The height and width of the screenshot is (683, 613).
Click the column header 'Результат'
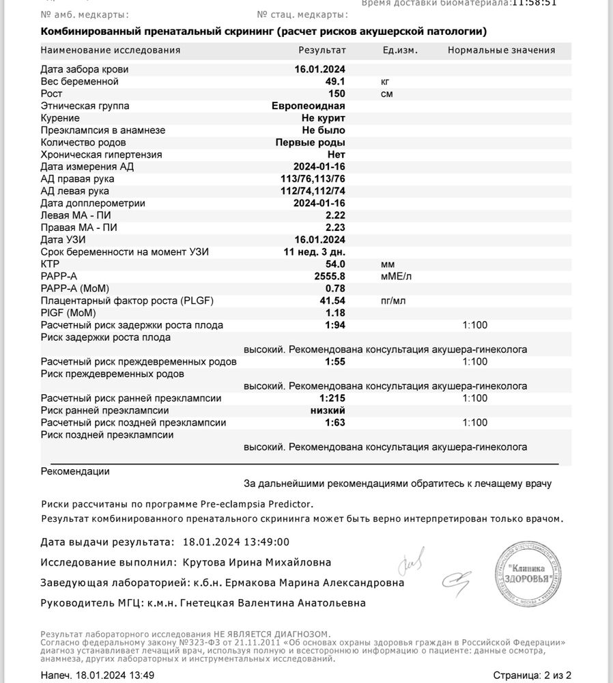click(322, 50)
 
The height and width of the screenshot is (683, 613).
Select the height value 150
click(337, 94)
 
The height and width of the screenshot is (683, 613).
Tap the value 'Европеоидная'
click(308, 106)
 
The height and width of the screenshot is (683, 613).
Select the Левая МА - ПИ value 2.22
click(335, 215)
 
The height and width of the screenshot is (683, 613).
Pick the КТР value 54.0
click(334, 264)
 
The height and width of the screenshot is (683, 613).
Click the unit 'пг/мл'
click(393, 301)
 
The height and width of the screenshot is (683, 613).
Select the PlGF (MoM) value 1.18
click(335, 312)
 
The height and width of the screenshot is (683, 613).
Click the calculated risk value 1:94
click(334, 325)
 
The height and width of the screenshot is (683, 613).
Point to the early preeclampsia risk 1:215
click(332, 398)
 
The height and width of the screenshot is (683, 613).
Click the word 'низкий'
click(328, 410)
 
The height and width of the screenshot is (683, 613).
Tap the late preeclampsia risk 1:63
click(334, 423)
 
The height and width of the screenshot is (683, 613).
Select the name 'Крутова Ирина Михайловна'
click(257, 562)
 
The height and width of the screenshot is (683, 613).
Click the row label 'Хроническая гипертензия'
click(101, 154)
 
